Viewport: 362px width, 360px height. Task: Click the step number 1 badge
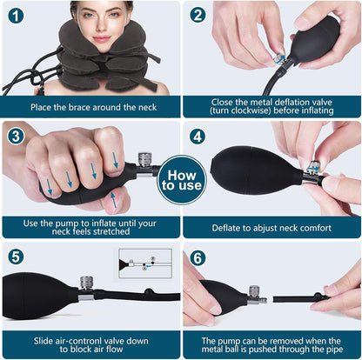(16, 16)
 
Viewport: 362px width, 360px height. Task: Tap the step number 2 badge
(198, 15)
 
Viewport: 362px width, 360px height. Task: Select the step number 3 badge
(16, 136)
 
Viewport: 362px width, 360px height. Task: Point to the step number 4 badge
(198, 137)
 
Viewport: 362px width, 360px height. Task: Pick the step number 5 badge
(16, 257)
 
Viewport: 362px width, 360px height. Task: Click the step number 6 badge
(198, 257)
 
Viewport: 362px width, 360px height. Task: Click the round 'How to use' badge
(182, 180)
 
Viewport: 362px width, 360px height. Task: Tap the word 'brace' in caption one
(79, 107)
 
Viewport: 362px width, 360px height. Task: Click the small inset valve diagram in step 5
(145, 263)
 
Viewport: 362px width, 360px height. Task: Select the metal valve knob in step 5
(87, 283)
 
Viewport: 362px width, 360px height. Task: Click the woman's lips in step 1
(103, 39)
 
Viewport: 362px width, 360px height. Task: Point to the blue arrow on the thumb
(114, 200)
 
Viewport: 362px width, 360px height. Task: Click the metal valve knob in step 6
(254, 292)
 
